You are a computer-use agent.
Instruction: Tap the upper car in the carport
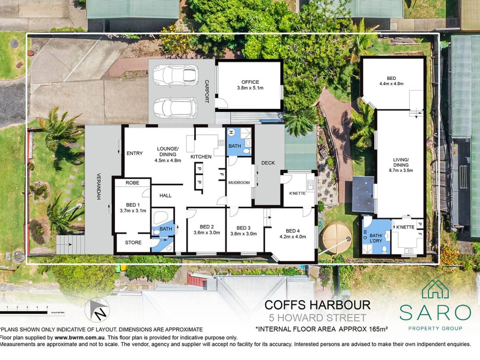[176, 75]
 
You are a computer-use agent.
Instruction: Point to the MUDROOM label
[239, 182]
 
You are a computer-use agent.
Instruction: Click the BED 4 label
[292, 231]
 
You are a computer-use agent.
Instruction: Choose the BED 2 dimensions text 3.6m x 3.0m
[206, 233]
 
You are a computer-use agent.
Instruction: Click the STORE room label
[133, 242]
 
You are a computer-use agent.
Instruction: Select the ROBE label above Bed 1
[132, 182]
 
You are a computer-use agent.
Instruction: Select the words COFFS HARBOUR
[317, 305]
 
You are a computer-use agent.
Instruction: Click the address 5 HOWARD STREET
[317, 318]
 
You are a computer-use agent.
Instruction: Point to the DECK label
[268, 163]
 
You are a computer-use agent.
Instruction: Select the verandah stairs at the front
[70, 244]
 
